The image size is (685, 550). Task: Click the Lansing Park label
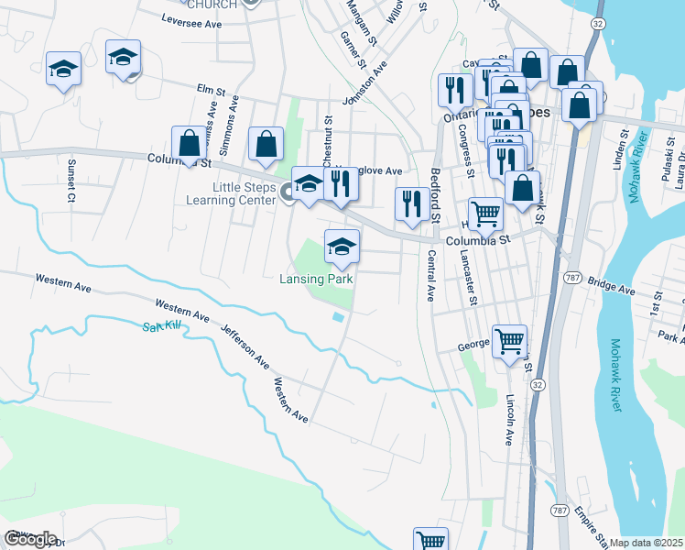316,279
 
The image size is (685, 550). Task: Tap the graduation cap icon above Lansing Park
342,247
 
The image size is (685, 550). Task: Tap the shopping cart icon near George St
510,343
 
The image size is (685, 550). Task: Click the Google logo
30,538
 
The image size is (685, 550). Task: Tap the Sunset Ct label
70,179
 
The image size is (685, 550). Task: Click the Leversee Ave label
192,18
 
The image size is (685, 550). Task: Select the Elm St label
211,89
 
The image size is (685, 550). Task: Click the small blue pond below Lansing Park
339,317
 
